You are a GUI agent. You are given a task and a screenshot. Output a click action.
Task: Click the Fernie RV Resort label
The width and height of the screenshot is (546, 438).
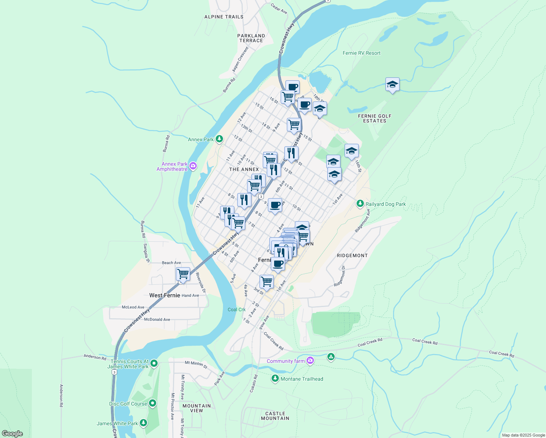361,53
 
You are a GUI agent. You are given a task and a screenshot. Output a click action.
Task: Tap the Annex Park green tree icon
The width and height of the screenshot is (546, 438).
219,139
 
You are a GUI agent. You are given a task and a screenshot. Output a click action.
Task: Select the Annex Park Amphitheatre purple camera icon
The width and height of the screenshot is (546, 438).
193,166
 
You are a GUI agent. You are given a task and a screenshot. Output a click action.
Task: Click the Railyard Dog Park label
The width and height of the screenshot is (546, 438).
385,204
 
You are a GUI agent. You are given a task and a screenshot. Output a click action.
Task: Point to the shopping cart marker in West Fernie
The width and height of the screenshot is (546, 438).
183,273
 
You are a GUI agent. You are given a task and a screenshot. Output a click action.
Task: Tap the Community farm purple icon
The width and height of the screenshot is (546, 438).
310,361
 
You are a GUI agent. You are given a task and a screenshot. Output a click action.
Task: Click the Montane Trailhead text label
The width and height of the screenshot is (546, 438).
302,379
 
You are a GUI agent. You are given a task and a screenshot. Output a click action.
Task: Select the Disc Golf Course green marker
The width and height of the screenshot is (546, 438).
153,403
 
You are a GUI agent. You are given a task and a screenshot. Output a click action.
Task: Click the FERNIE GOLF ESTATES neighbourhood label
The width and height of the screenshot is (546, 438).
374,118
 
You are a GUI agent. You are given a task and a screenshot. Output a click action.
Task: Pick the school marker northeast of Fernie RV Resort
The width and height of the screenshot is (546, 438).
392,85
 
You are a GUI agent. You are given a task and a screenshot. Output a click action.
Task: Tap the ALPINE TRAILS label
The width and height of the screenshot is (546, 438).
224,17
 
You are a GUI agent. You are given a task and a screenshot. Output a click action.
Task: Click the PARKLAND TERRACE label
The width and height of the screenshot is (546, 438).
251,38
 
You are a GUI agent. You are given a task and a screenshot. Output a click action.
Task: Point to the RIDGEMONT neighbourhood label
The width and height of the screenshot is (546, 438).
352,255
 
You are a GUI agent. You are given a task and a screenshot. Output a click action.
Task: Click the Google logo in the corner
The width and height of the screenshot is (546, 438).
12,433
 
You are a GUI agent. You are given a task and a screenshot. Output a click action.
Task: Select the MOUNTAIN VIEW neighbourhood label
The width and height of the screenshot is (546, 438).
197,408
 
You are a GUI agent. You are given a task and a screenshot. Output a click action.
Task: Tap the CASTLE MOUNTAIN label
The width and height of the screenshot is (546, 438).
275,416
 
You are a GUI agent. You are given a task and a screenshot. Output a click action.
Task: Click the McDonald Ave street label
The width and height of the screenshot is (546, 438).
157,319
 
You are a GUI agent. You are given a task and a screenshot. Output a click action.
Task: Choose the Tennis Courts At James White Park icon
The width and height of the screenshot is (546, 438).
154,363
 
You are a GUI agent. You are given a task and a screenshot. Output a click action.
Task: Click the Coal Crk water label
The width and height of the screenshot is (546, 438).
237,310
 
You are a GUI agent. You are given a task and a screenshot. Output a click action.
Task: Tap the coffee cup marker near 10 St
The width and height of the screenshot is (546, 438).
275,205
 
